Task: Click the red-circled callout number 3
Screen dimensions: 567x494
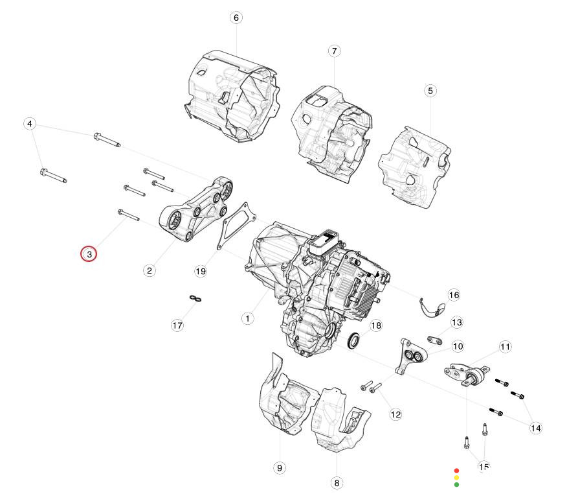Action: tap(89, 254)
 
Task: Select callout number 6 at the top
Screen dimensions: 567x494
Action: tap(236, 18)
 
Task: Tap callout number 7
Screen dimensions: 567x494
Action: tap(334, 51)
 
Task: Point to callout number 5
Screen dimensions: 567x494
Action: tap(430, 91)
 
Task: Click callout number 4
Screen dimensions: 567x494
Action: tap(30, 124)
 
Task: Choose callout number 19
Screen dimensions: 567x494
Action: tap(201, 271)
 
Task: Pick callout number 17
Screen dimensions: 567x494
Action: tap(177, 325)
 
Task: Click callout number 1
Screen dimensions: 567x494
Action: tap(247, 319)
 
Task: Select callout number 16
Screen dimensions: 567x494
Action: tap(454, 295)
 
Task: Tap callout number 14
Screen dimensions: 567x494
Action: tap(535, 428)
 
